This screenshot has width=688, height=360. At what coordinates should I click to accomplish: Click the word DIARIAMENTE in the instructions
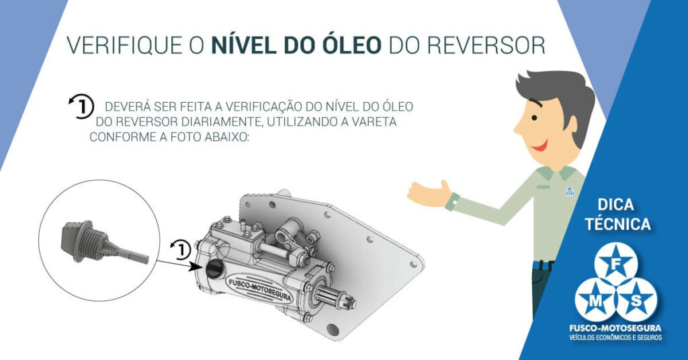[221, 122]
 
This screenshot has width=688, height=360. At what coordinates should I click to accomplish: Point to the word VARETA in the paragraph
[374, 122]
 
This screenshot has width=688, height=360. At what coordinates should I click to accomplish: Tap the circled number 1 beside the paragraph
[81, 106]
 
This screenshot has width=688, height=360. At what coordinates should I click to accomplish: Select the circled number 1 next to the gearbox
[181, 249]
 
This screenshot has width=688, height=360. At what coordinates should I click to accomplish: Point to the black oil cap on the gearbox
[214, 268]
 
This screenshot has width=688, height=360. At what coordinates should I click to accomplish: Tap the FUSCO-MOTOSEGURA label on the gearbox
[259, 289]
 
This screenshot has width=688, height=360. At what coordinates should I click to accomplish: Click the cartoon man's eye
[534, 118]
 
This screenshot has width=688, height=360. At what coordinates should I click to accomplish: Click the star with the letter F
[616, 264]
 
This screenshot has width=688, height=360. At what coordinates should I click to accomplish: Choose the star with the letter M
[596, 300]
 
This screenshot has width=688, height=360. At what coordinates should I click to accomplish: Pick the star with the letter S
[637, 300]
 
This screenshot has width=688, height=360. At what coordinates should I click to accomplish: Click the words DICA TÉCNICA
[617, 214]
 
